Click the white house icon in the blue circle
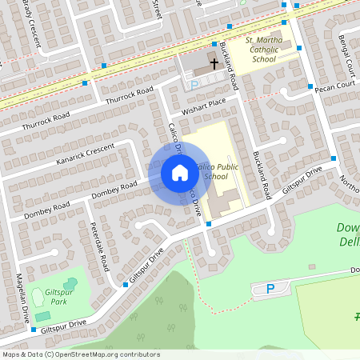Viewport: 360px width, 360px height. (x=180, y=172)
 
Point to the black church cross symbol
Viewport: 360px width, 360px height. (x=214, y=62)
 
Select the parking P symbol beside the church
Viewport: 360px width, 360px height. (x=194, y=83)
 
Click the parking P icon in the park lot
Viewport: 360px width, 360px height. (x=270, y=289)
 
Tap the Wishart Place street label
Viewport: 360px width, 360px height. (x=204, y=102)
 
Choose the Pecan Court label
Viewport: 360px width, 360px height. (x=334, y=84)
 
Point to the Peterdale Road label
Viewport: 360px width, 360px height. (x=101, y=246)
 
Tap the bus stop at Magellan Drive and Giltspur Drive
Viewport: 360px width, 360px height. (x=33, y=329)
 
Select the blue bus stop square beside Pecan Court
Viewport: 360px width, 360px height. (x=310, y=86)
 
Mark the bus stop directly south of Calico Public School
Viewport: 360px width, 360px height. (x=209, y=224)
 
